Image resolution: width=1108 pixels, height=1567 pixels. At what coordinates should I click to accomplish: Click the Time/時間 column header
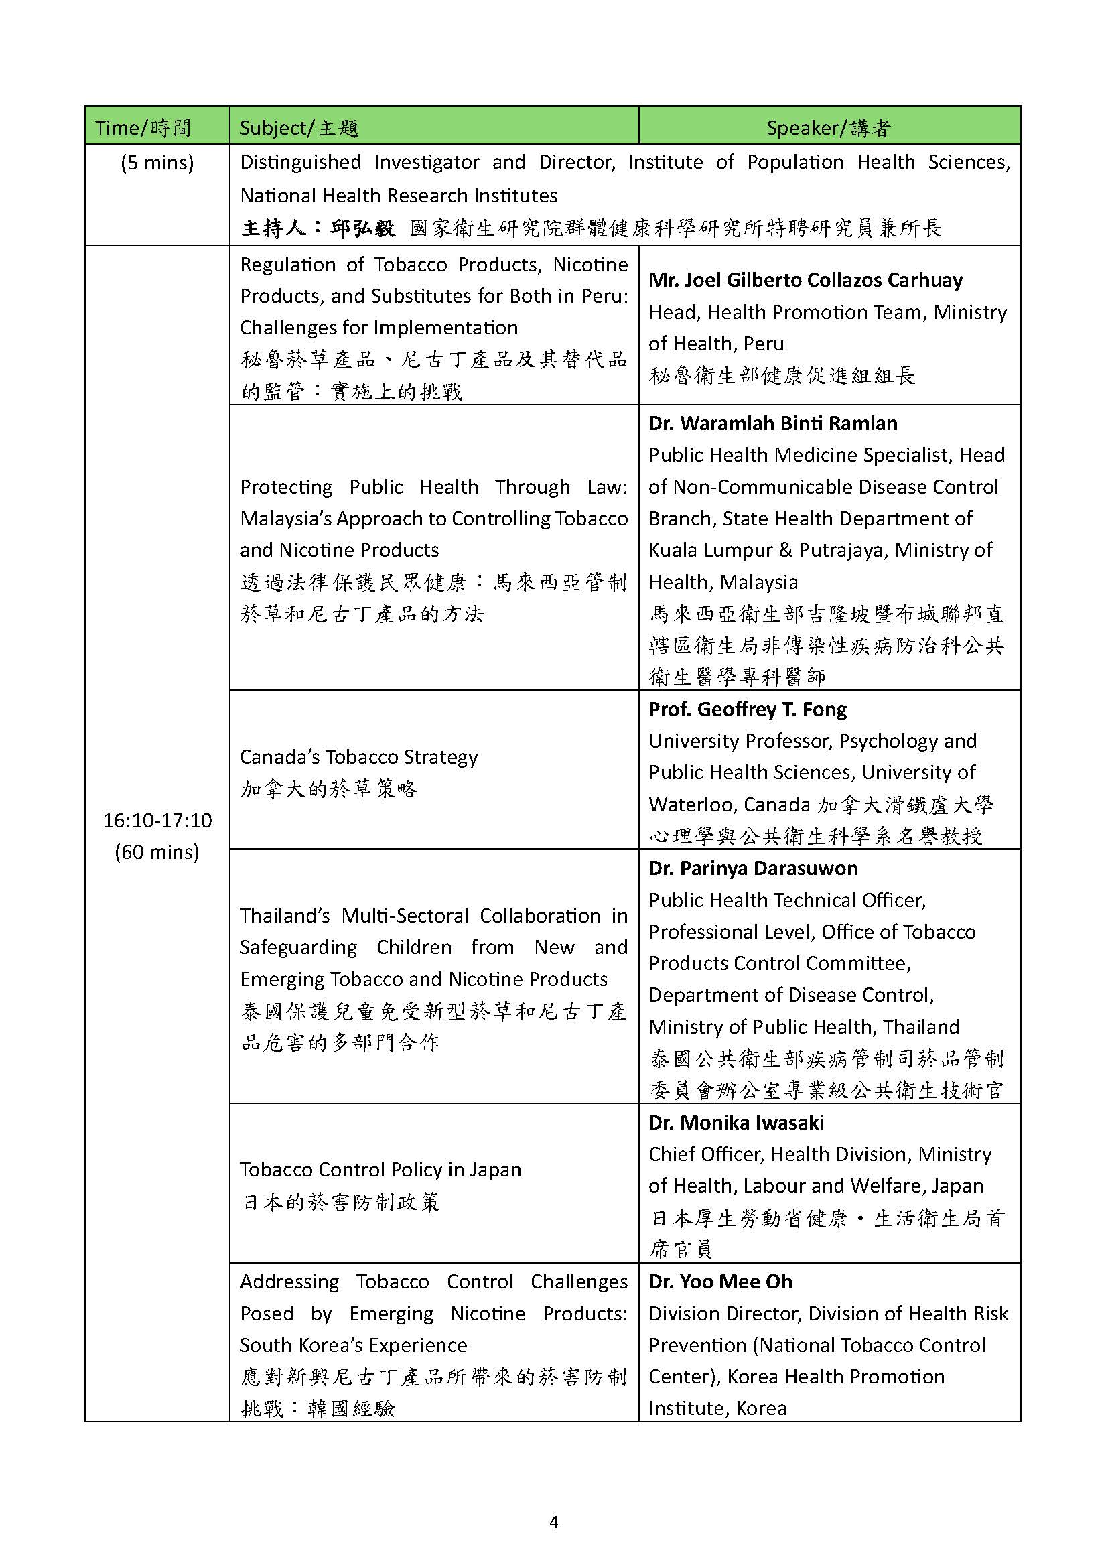click(x=143, y=128)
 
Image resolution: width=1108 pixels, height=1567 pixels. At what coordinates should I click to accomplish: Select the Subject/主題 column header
click(x=299, y=128)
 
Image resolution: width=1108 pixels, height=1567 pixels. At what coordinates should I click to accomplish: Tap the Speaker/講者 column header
click(x=828, y=128)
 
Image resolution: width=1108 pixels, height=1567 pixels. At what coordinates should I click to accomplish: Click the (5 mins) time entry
click(x=157, y=162)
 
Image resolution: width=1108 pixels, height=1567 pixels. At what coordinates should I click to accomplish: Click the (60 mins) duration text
click(x=157, y=851)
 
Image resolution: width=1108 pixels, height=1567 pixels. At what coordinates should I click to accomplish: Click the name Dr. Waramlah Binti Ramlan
click(x=772, y=423)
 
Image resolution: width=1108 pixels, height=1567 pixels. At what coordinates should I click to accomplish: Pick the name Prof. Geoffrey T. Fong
click(x=747, y=709)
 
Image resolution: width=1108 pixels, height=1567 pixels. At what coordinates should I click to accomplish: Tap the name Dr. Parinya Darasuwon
click(x=752, y=868)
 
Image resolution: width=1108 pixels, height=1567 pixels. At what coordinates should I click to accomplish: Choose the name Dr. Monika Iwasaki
click(x=736, y=1123)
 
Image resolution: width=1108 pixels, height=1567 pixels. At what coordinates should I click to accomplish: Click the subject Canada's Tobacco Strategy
click(x=358, y=757)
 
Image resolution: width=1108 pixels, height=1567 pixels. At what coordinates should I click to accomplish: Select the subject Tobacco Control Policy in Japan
click(x=380, y=1170)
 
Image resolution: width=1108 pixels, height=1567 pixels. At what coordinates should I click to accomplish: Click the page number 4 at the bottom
click(x=553, y=1522)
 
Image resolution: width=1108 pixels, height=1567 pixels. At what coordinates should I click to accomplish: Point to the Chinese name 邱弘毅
click(x=362, y=228)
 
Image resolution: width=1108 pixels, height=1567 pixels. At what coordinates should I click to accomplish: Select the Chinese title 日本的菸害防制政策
click(x=340, y=1202)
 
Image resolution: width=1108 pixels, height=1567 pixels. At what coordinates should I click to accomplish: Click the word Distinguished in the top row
click(x=300, y=162)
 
